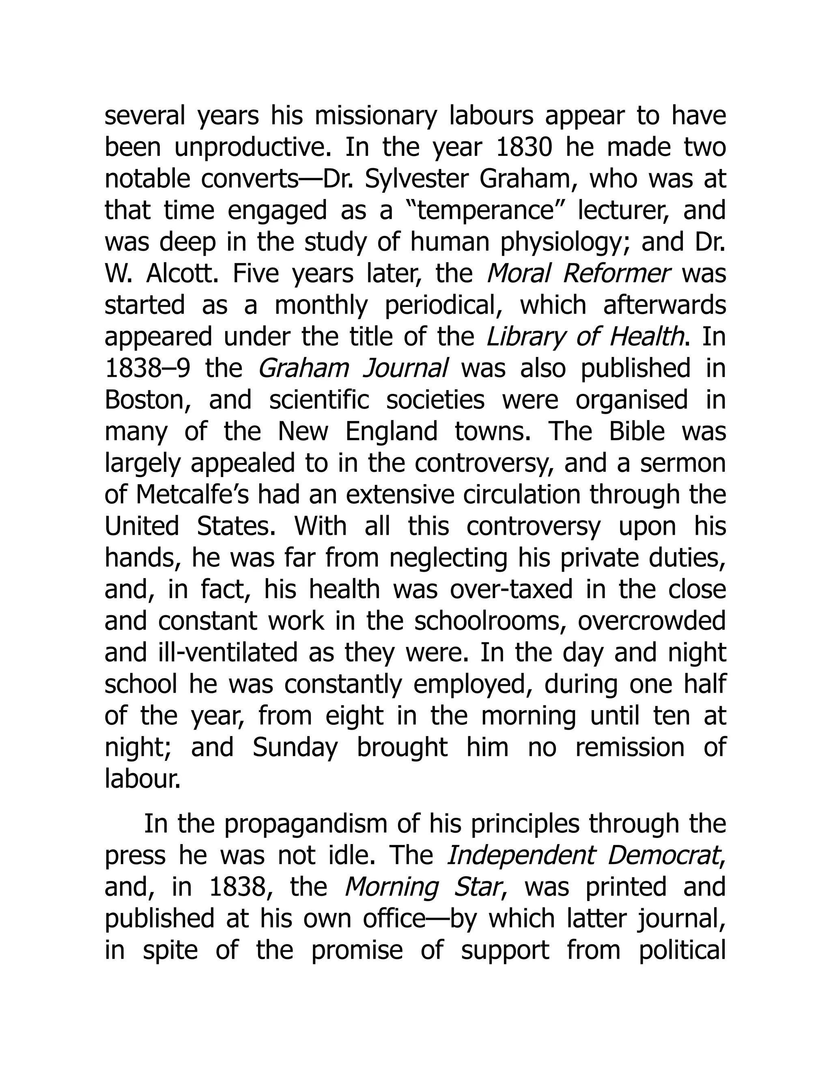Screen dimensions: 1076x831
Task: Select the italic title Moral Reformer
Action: (579, 274)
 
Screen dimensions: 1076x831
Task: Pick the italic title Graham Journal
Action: (353, 369)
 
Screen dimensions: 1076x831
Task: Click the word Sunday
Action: (295, 748)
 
